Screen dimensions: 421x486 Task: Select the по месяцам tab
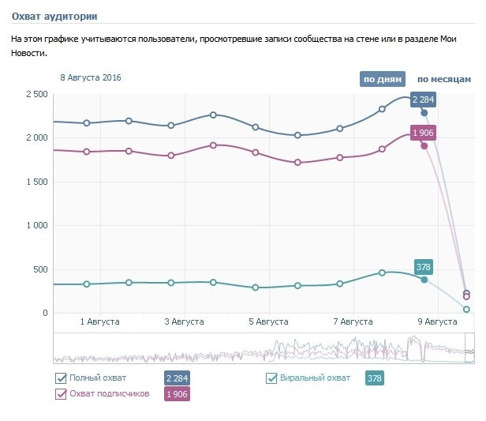coord(443,79)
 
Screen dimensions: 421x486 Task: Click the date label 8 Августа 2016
coord(92,77)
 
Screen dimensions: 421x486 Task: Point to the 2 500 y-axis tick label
coord(36,94)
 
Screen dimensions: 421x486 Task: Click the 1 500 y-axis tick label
coord(36,182)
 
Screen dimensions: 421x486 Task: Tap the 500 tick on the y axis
coord(40,269)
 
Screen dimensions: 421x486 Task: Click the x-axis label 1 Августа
coord(100,322)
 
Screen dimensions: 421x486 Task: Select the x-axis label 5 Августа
coord(269,322)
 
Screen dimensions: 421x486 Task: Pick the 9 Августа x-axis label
coord(436,322)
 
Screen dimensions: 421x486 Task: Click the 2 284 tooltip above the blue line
coord(424,100)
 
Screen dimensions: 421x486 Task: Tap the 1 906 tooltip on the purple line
coord(424,133)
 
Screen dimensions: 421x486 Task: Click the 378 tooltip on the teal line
coord(424,266)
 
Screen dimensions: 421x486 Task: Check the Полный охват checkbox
coord(61,378)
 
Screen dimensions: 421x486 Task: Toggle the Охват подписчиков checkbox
coord(61,393)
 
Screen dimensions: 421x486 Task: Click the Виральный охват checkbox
coord(272,378)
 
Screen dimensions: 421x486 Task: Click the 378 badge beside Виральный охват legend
coord(375,379)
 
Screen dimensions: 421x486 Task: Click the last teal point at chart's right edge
coord(466,309)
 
